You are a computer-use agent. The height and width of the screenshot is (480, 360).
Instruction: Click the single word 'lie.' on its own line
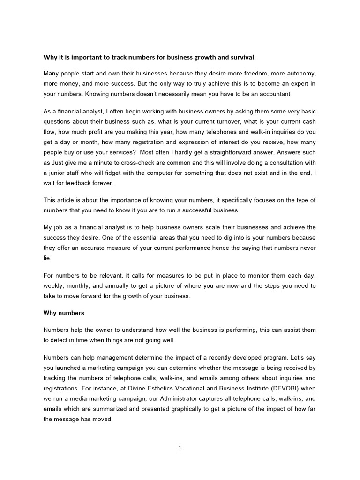[47, 258]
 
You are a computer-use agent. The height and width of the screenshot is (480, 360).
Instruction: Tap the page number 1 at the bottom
[180, 448]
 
